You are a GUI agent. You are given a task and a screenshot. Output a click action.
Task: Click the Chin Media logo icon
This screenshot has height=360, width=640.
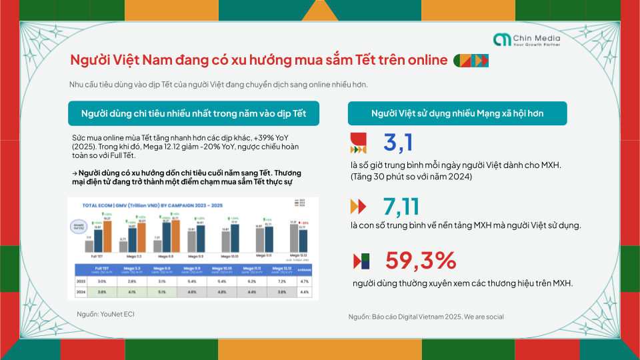click(x=501, y=41)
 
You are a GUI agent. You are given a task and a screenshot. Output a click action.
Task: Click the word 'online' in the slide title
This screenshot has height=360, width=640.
click(x=423, y=60)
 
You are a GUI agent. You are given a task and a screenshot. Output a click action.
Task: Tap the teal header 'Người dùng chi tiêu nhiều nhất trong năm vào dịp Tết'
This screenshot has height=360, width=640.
click(x=193, y=113)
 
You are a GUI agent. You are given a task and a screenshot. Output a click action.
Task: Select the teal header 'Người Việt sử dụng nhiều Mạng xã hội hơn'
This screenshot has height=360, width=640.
click(x=457, y=113)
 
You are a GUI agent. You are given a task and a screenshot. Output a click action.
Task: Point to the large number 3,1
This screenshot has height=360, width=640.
click(x=399, y=143)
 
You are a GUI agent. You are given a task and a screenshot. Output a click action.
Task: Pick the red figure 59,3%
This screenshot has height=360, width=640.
click(x=420, y=260)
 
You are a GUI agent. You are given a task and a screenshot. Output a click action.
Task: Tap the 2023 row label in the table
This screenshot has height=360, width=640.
click(x=77, y=282)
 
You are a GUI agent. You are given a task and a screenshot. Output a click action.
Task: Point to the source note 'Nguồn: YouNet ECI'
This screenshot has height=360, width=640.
click(x=101, y=312)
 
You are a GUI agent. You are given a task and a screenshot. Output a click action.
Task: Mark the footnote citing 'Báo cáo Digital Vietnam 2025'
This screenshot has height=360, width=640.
click(x=425, y=317)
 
